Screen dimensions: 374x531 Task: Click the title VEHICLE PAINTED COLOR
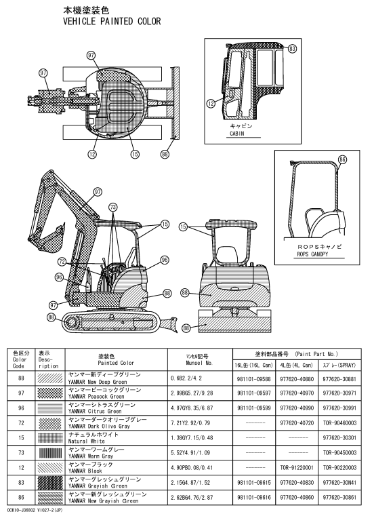112,21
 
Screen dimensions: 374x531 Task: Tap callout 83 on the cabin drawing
292,49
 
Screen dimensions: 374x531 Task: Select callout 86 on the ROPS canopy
343,159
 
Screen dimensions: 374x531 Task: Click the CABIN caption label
236,134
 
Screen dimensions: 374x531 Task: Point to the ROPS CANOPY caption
312,254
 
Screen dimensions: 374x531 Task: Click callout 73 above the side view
113,207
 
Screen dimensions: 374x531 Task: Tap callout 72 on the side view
62,262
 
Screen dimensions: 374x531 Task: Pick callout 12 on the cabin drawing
211,103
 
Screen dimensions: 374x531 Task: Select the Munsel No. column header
199,359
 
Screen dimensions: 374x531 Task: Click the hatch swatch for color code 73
50,453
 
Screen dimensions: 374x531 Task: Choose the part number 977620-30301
339,438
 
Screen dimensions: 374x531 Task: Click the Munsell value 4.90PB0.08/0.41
192,468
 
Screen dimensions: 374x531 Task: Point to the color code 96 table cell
21,408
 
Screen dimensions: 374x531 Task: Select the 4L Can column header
297,366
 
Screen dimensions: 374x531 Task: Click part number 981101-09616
254,498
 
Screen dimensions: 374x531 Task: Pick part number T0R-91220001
297,468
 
